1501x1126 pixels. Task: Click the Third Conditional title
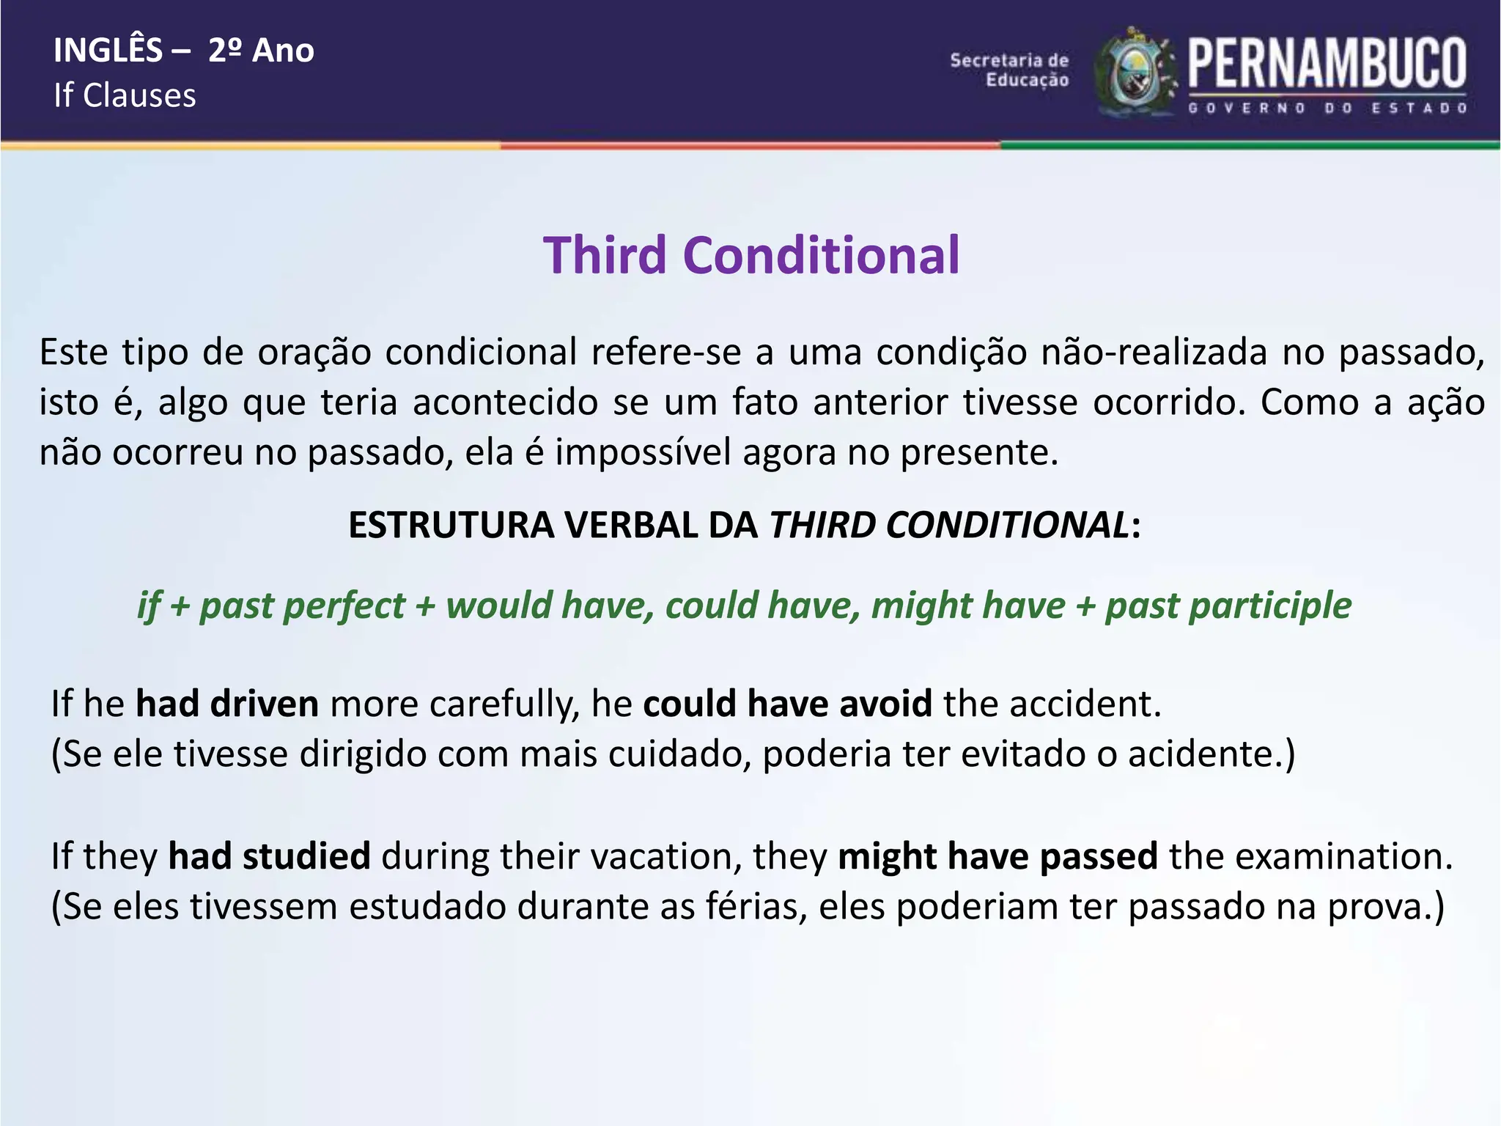[750, 256]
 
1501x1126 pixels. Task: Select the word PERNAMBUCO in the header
[1327, 64]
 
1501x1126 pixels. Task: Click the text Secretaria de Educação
[1009, 70]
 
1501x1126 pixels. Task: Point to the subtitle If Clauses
[125, 96]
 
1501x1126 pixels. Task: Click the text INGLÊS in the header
[108, 51]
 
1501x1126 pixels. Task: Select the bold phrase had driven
[227, 704]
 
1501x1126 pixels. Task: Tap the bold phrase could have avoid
[787, 704]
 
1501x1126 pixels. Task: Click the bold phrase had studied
[269, 856]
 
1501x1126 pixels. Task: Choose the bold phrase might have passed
[997, 856]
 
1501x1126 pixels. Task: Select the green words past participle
[1228, 606]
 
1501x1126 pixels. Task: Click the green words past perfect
[302, 606]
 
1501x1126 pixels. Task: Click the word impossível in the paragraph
[643, 452]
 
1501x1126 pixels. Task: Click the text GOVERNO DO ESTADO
[1327, 108]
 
